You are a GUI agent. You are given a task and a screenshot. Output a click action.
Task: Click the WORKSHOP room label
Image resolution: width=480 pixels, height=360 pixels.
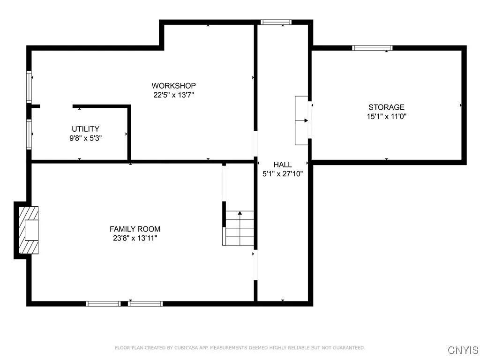[173, 86]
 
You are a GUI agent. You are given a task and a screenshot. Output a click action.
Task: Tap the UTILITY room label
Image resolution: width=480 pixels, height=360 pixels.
[85, 129]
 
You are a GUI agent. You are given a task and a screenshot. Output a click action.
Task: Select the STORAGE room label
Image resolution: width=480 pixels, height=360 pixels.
[386, 107]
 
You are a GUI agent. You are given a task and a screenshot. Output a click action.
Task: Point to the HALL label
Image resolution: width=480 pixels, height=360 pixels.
[283, 165]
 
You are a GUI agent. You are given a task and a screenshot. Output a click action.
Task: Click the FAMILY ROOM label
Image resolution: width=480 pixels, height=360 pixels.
[135, 229]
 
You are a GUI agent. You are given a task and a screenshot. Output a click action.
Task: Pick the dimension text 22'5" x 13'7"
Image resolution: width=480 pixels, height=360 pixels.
[173, 95]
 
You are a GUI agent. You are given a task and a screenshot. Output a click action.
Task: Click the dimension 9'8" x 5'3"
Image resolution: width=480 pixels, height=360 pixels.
[85, 138]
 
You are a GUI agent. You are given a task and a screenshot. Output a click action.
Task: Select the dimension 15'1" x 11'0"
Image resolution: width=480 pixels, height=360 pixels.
[386, 117]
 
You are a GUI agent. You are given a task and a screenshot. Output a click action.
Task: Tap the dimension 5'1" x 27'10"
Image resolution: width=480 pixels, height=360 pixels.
[283, 174]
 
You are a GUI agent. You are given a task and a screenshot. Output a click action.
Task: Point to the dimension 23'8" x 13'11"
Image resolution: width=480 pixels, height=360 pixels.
[135, 239]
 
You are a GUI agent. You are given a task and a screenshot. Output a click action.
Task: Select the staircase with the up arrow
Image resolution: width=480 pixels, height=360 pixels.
[239, 228]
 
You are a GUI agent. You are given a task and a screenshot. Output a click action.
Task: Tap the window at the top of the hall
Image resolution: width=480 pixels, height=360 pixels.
[276, 22]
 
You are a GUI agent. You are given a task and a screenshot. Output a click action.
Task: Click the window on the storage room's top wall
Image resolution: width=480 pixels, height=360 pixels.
[373, 48]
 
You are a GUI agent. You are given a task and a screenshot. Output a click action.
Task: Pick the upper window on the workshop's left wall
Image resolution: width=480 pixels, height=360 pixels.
[29, 87]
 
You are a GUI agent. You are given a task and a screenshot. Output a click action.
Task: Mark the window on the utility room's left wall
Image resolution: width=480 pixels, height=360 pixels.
[29, 134]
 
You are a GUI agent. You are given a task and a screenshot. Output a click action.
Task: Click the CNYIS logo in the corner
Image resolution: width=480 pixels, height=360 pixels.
[463, 350]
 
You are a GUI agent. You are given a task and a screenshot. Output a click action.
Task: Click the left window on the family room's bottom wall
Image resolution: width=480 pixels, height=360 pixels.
[103, 304]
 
